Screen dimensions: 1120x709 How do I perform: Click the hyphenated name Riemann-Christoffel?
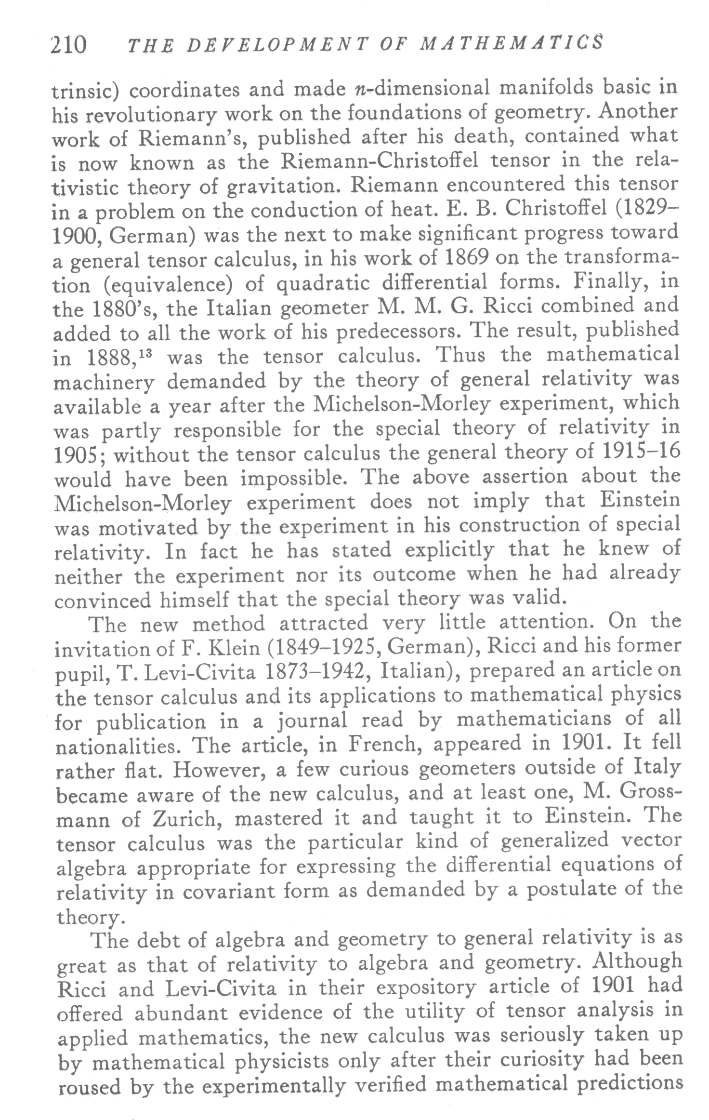380,161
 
